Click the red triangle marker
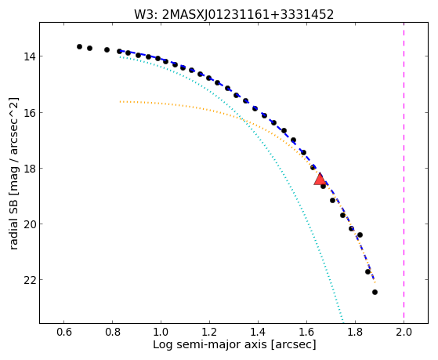pyautogui.click(x=320, y=180)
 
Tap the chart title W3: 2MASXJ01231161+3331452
pyautogui.click(x=233, y=15)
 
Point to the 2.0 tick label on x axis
pyautogui.click(x=404, y=332)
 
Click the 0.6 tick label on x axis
pyautogui.click(x=63, y=332)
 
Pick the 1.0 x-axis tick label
pyautogui.click(x=161, y=332)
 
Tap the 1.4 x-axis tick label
pyautogui.click(x=258, y=332)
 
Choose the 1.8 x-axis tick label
pyautogui.click(x=355, y=332)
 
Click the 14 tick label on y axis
pyautogui.click(x=30, y=56)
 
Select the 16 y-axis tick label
pyautogui.click(x=30, y=113)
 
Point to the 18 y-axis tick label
pyautogui.click(x=30, y=169)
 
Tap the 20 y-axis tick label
pyautogui.click(x=30, y=224)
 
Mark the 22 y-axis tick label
pyautogui.click(x=30, y=280)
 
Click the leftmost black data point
pyautogui.click(x=80, y=46)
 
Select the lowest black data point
pyautogui.click(x=375, y=292)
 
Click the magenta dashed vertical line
pyautogui.click(x=404, y=173)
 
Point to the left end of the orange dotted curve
pyautogui.click(x=120, y=101)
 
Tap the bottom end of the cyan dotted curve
pyautogui.click(x=343, y=322)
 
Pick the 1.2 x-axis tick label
pyautogui.click(x=209, y=332)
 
